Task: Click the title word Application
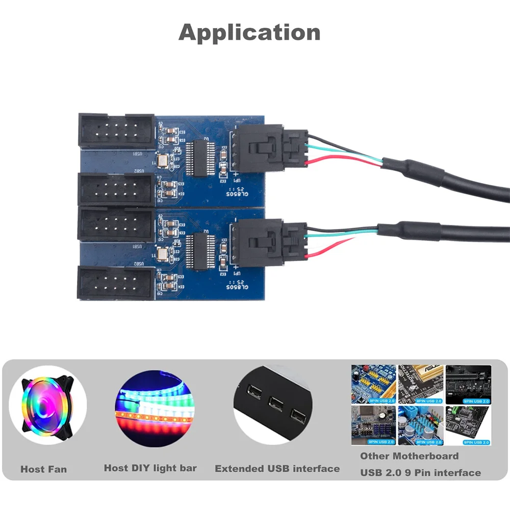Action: (x=249, y=33)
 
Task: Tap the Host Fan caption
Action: (x=43, y=469)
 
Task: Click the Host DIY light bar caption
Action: (x=150, y=468)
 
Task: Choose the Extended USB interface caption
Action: (x=277, y=468)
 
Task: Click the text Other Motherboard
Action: (x=409, y=456)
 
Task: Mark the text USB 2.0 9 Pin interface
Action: (x=420, y=473)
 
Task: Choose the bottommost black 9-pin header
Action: (x=115, y=284)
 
